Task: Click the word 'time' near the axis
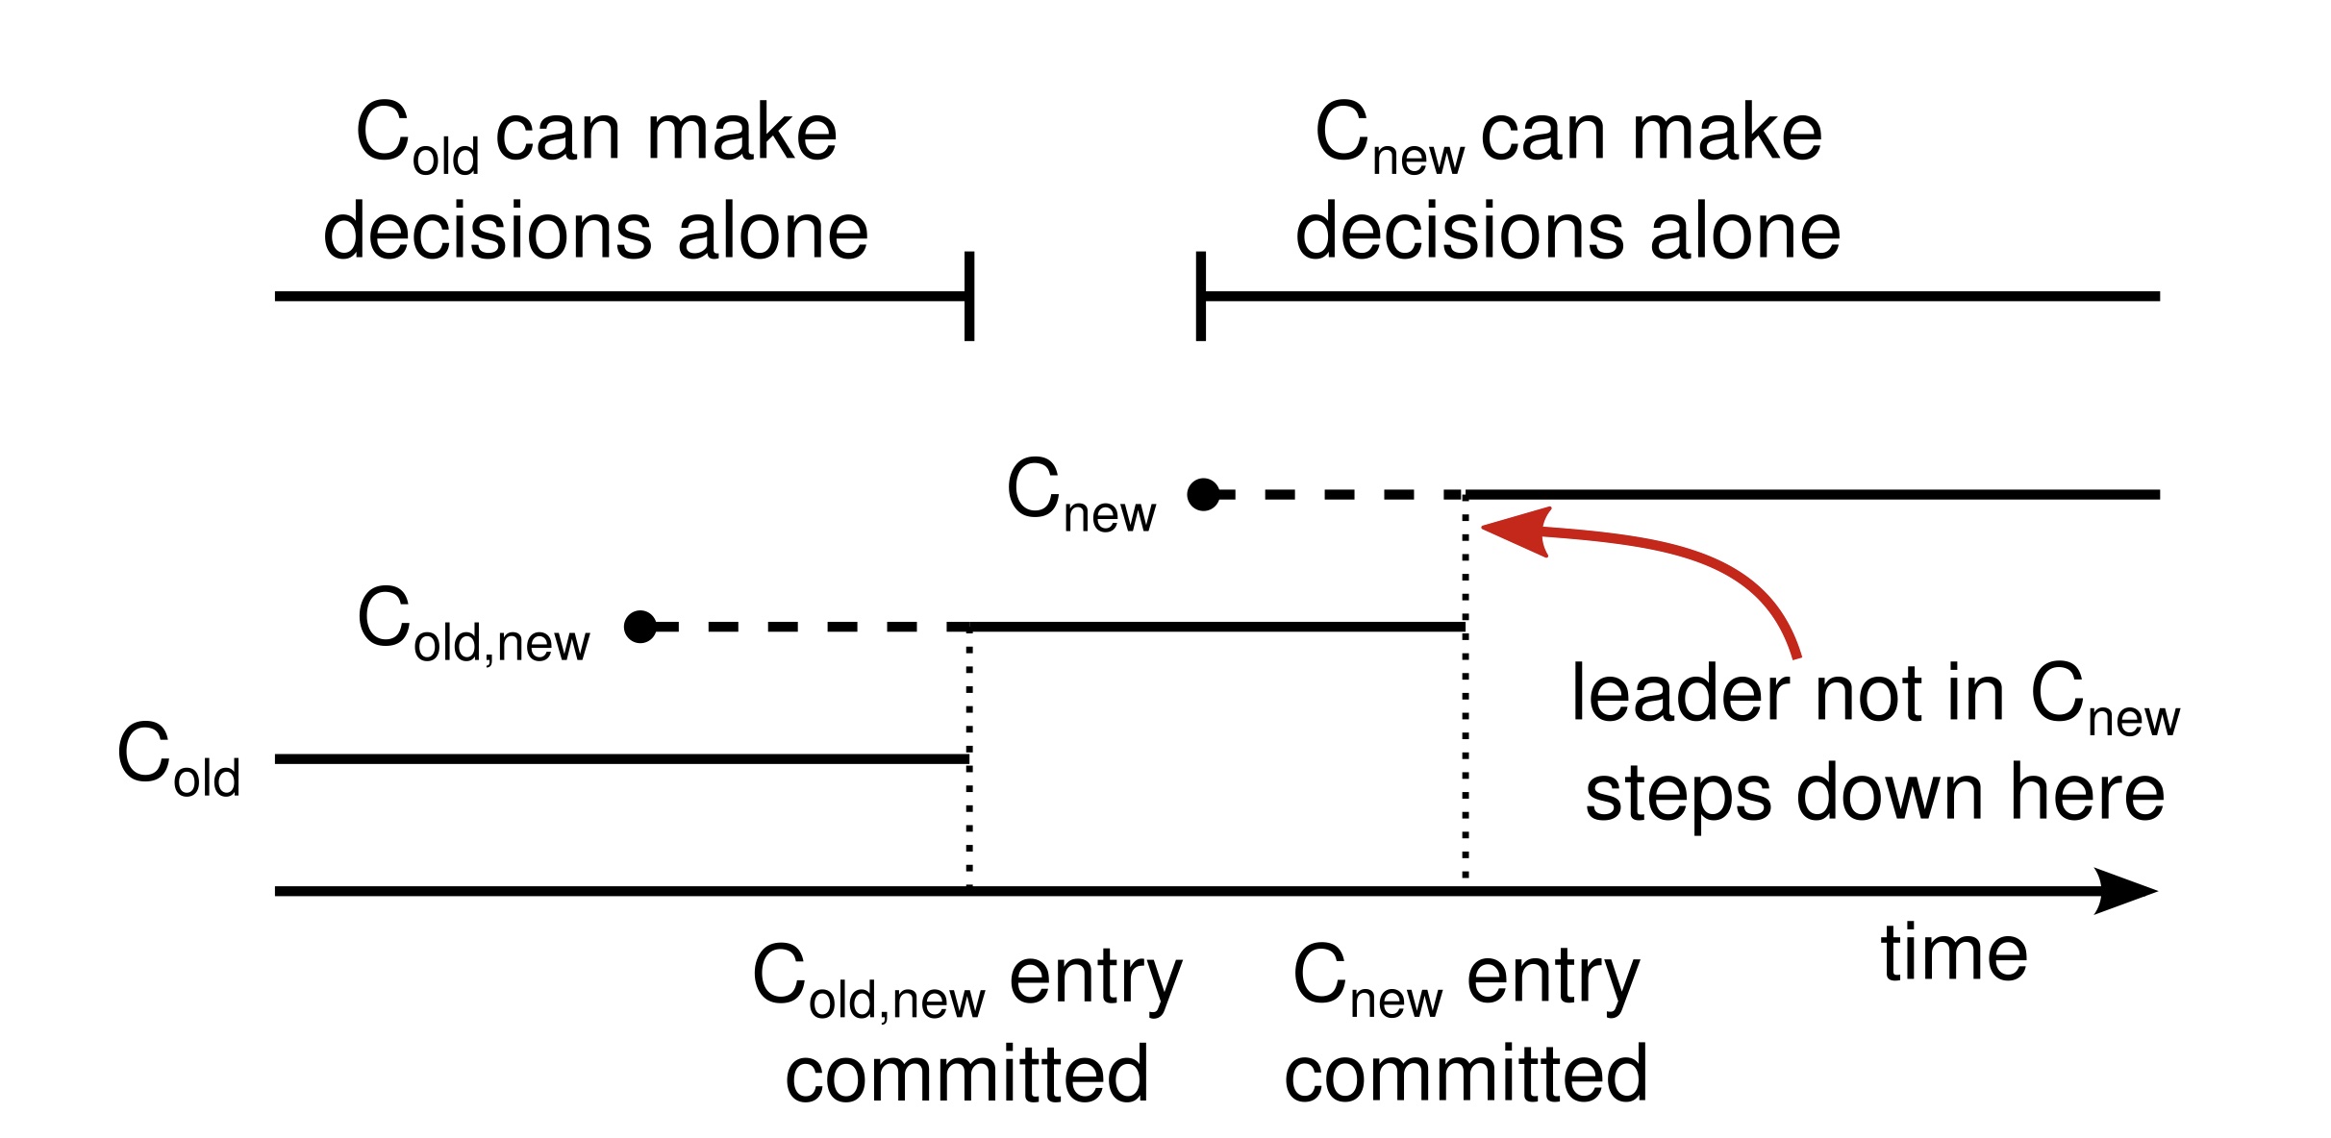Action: (x=1954, y=953)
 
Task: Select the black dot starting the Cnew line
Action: (x=1203, y=495)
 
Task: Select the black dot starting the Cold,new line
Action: (x=640, y=627)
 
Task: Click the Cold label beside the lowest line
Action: (x=179, y=759)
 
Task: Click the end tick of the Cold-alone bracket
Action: (x=969, y=296)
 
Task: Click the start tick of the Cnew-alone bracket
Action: (x=1200, y=296)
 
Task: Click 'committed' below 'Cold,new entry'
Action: (x=966, y=1074)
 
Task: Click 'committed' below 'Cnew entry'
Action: (x=1466, y=1074)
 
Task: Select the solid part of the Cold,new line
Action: (x=1216, y=627)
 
